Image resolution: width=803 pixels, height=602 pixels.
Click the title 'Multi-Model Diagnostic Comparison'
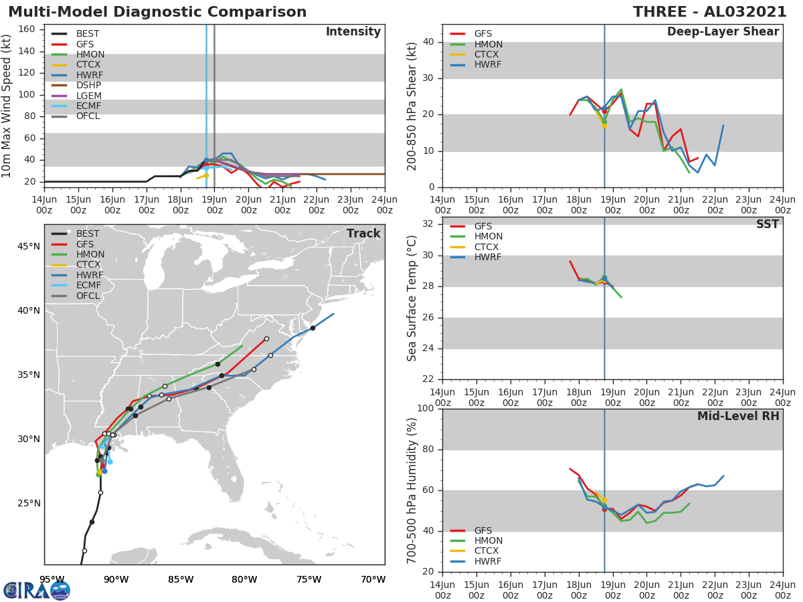(157, 12)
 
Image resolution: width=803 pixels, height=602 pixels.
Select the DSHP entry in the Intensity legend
(88, 85)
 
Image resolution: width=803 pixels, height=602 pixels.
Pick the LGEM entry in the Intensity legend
(88, 96)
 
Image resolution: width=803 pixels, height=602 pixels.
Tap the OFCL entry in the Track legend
(88, 296)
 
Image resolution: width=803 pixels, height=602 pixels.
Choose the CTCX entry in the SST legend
(488, 247)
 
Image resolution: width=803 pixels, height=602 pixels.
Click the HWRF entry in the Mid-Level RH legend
(488, 561)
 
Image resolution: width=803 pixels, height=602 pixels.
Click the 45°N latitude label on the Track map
(29, 246)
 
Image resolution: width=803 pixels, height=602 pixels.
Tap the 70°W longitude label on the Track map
(373, 579)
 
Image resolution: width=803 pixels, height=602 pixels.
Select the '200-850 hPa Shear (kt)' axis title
(412, 106)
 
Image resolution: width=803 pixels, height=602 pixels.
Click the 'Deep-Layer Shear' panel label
(723, 32)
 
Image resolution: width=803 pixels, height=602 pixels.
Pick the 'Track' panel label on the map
(363, 233)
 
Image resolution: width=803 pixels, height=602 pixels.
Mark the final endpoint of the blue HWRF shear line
(723, 125)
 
